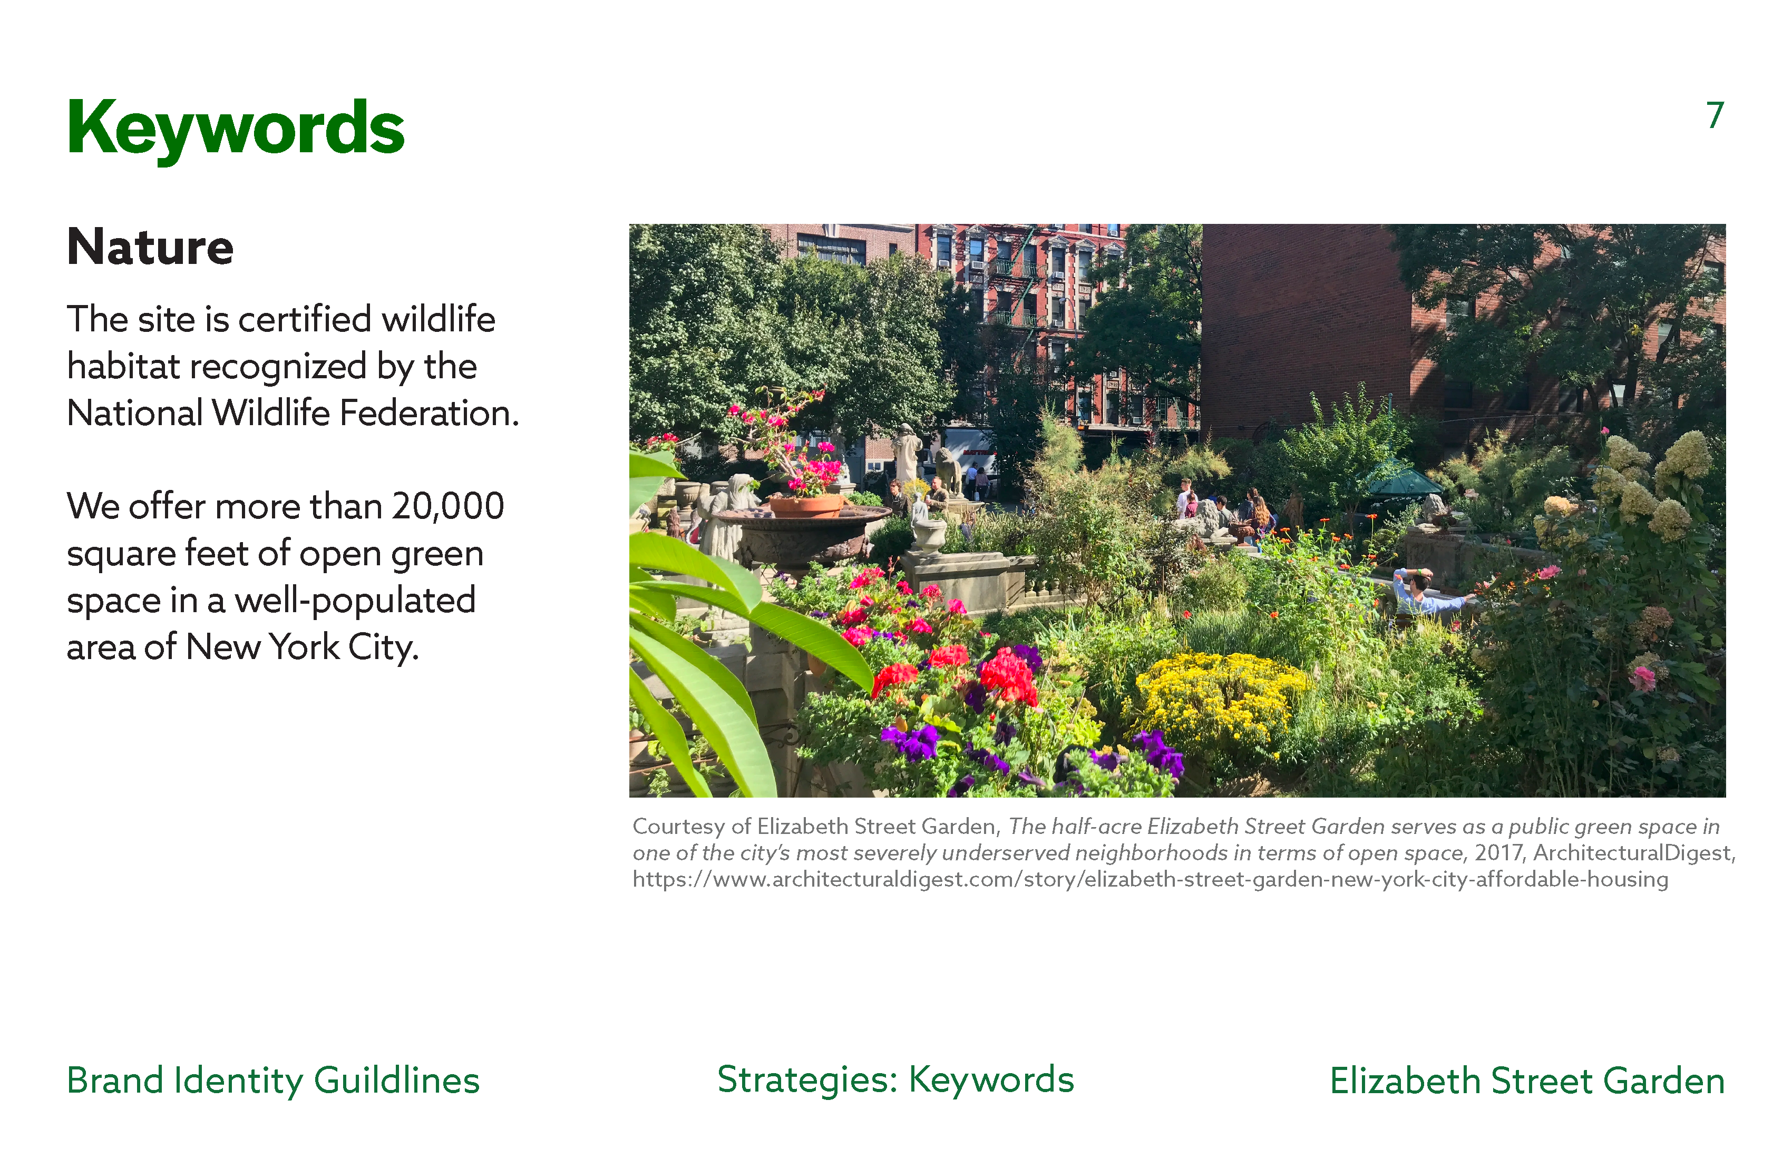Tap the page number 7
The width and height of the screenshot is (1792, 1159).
click(x=1715, y=115)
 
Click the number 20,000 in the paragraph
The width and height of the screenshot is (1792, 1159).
click(x=447, y=506)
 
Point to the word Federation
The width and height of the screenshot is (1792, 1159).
click(x=429, y=412)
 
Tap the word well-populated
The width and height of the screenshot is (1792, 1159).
click(x=355, y=601)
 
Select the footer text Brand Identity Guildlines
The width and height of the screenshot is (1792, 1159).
click(x=272, y=1080)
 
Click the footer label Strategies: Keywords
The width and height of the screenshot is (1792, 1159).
click(x=895, y=1080)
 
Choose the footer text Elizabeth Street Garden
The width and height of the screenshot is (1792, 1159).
click(x=1527, y=1080)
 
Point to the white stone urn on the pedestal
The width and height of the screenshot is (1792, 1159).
click(x=930, y=532)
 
